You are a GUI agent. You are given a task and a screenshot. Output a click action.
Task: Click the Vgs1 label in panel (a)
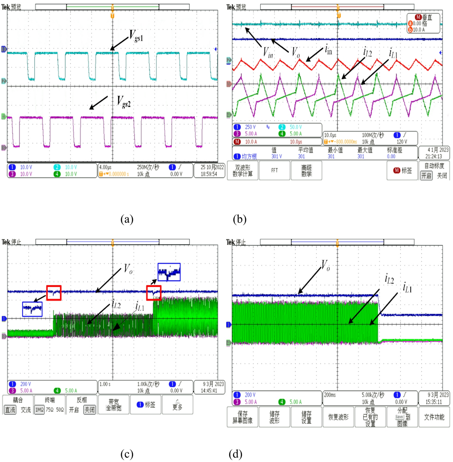136,36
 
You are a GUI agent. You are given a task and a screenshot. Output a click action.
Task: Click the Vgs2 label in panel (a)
124,102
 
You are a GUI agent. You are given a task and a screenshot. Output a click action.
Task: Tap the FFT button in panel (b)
274,170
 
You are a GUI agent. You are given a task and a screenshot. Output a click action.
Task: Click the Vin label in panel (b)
268,52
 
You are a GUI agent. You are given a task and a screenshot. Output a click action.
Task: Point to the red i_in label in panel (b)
328,50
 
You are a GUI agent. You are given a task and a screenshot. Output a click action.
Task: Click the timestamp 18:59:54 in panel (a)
209,174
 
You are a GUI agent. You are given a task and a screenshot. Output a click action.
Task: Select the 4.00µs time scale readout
105,167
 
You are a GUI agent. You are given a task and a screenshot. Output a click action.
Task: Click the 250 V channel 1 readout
250,127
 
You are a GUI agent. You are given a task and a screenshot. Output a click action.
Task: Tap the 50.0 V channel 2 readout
295,127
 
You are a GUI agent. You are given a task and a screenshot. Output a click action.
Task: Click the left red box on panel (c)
54,293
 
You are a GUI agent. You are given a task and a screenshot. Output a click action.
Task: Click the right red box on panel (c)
154,293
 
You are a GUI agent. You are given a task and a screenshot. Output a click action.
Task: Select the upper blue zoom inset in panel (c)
169,272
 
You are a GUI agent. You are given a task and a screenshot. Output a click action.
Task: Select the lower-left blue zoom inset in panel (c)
32,309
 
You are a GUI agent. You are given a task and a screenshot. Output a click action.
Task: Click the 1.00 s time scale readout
105,384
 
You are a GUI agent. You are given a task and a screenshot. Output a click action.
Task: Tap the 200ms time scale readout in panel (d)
330,395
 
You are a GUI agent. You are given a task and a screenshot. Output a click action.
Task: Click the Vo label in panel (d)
325,265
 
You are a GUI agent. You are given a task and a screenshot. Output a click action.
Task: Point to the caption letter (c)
127,454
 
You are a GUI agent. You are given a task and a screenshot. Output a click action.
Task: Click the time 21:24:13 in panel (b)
433,156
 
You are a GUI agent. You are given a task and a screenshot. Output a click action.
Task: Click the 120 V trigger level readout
402,142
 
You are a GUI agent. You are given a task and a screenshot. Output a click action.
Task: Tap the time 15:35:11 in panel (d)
433,402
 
